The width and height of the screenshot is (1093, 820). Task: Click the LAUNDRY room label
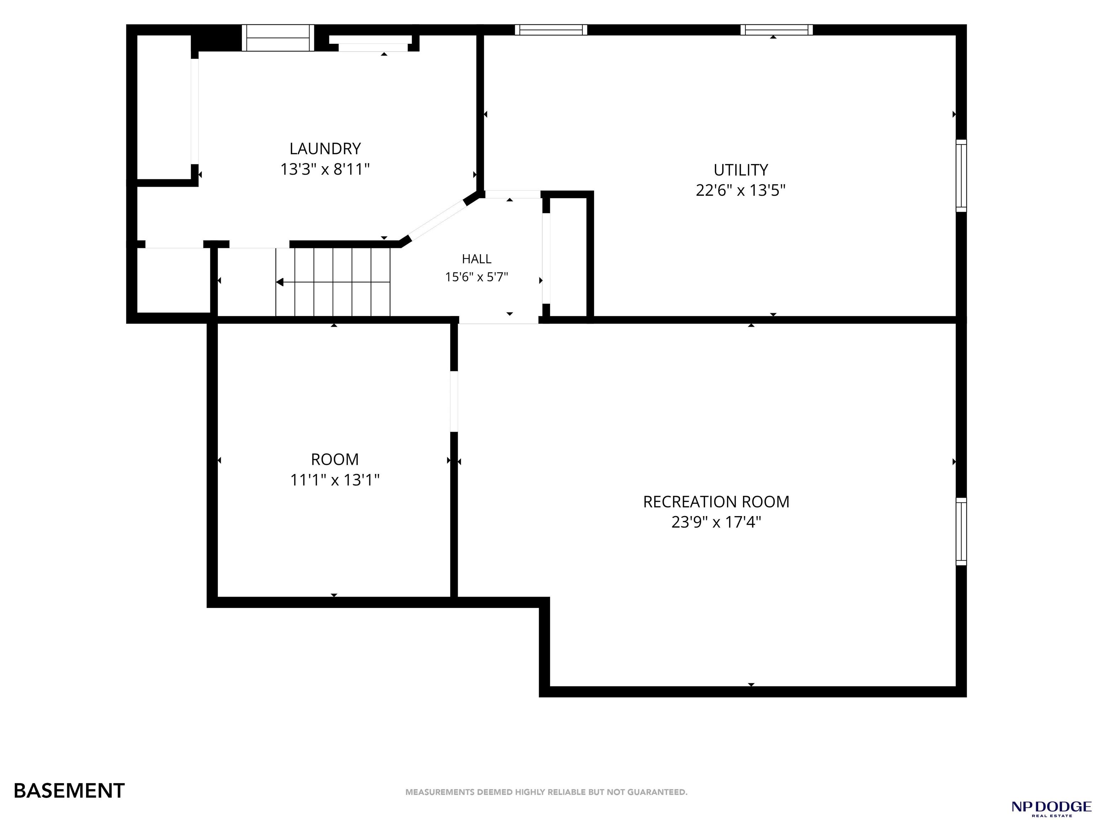[x=325, y=148]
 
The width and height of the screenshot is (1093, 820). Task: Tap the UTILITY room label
[x=741, y=170]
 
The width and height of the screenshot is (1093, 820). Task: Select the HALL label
[x=476, y=259]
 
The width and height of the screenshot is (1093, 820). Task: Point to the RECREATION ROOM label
[x=716, y=502]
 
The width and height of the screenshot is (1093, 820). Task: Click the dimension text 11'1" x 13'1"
[x=335, y=480]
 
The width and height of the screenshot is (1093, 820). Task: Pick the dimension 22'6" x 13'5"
[x=741, y=190]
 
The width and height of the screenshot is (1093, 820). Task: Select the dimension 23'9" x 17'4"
[x=716, y=522]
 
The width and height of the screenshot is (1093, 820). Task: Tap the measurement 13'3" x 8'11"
[x=325, y=169]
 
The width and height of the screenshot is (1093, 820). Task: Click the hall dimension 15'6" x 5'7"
[x=476, y=277]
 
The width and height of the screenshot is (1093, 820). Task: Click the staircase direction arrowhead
[x=280, y=282]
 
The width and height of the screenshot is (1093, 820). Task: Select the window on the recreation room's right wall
[x=961, y=531]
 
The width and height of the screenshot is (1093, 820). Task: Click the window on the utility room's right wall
[x=961, y=175]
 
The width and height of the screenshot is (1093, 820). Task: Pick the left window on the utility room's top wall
[x=551, y=30]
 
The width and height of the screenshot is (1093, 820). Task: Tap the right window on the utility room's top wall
[x=776, y=30]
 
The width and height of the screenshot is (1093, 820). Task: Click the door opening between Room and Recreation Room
[x=454, y=401]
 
